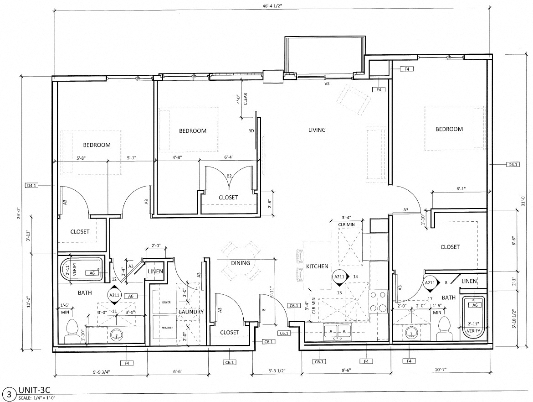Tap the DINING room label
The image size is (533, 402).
point(240,263)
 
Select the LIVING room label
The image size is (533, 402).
point(317,130)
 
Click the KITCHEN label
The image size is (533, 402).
point(317,266)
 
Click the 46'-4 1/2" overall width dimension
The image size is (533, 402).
point(272,6)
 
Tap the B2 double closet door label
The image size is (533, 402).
point(230,176)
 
